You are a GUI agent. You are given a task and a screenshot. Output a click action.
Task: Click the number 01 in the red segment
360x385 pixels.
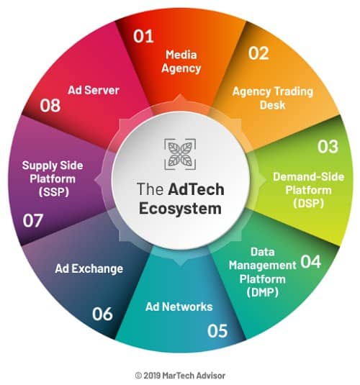tap(143, 36)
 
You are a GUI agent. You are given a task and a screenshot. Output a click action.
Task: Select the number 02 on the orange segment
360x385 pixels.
tap(258, 53)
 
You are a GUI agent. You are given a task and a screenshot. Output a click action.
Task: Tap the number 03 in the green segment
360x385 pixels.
tap(328, 147)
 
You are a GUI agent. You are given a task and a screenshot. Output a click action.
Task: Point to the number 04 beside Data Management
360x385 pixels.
tap(310, 262)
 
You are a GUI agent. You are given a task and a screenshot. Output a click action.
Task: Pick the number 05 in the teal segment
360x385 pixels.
tap(217, 331)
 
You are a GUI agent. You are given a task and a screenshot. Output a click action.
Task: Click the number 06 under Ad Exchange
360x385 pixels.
tap(102, 314)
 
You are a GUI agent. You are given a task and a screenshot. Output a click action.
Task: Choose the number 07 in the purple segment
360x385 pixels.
tap(33, 220)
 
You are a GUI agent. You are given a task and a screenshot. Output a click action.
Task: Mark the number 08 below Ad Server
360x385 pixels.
tap(50, 106)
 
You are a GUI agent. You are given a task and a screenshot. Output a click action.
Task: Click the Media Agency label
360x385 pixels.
tap(181, 62)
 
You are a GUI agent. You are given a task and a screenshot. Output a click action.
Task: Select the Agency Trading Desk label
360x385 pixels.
tap(273, 98)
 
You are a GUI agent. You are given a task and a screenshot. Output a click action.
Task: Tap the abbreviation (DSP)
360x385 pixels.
tap(308, 203)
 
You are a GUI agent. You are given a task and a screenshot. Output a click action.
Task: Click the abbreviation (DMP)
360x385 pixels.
tap(263, 292)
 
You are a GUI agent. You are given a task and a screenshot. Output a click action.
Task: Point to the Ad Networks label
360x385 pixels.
tap(179, 307)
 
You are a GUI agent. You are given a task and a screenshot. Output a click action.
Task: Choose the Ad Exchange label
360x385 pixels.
tap(89, 268)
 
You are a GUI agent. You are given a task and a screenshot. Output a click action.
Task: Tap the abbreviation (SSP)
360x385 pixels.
tap(54, 191)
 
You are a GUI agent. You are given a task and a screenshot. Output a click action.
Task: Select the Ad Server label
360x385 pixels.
tap(94, 91)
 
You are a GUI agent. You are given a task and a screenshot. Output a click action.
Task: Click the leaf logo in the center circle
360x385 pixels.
tap(180, 154)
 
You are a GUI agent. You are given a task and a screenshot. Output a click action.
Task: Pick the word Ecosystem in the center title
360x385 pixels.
tap(180, 209)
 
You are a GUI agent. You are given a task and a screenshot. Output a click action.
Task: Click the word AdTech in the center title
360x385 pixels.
tap(196, 189)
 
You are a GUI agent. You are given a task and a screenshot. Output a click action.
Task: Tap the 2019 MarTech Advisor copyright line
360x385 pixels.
tap(180, 376)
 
